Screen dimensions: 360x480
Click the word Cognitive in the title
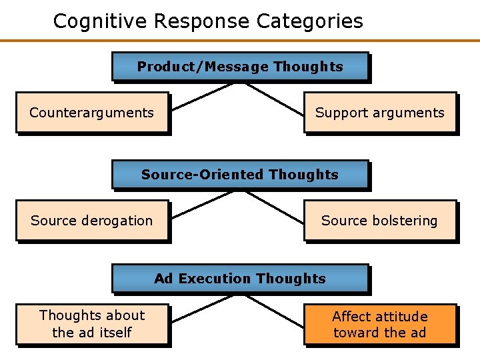[x=100, y=21]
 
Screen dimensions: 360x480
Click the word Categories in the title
[x=310, y=21]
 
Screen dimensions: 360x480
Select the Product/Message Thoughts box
[x=240, y=67]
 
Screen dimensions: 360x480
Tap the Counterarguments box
[x=92, y=113]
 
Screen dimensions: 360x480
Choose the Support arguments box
[x=380, y=113]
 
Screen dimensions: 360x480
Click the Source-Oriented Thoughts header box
[x=240, y=175]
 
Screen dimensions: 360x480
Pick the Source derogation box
[x=92, y=221]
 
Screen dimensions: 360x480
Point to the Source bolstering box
[x=380, y=221]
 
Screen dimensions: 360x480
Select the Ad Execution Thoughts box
[x=240, y=279]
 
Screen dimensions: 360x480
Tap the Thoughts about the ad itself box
[x=92, y=324]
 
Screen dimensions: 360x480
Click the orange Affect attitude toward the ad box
[x=380, y=325]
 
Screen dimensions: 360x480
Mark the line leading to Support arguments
[x=277, y=98]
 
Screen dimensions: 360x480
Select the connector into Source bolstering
[x=277, y=206]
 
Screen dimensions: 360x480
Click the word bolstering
[x=399, y=221]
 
